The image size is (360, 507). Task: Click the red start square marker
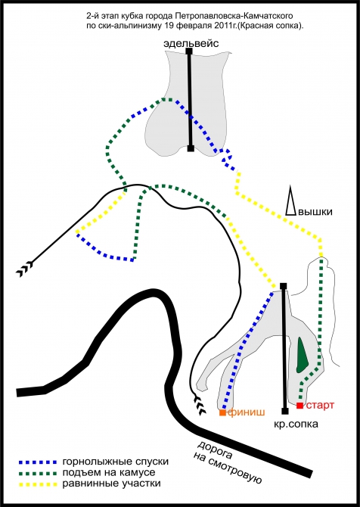[x=300, y=406]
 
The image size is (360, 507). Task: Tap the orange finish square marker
[x=222, y=412]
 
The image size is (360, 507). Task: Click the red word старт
[x=320, y=405]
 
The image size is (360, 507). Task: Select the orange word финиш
[x=247, y=412]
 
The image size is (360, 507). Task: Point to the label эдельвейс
[x=191, y=43]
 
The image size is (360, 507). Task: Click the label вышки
[x=315, y=212]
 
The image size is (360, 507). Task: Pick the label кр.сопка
[x=296, y=424]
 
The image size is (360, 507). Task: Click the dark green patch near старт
[x=303, y=355]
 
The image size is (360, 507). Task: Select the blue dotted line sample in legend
[x=38, y=462]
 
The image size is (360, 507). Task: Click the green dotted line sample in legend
[x=38, y=474]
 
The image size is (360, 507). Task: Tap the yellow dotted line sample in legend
[x=38, y=484]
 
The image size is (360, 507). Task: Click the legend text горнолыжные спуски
[x=116, y=462]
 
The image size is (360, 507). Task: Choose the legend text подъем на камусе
[x=109, y=473]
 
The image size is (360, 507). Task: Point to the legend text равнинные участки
[x=111, y=484]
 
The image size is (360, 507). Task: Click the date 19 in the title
[x=168, y=26]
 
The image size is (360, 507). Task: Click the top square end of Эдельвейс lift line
[x=189, y=51]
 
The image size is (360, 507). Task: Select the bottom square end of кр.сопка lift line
[x=284, y=412]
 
